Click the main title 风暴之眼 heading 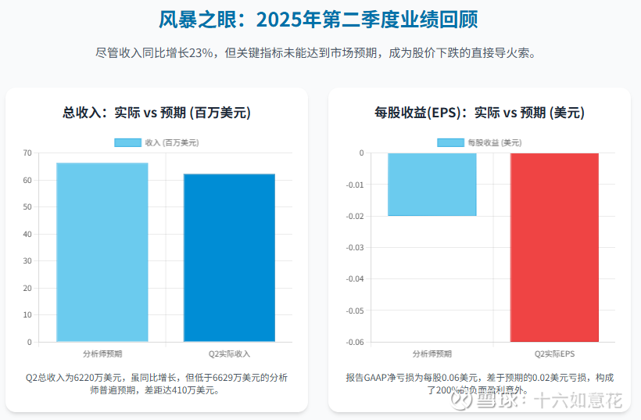[318, 20]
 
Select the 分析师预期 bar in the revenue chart [102, 252]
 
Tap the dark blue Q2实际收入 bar [229, 257]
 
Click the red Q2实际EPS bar [554, 247]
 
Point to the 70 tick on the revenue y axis [27, 153]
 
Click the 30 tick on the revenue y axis [27, 261]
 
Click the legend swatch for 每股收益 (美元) [450, 142]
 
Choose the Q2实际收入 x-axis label [229, 354]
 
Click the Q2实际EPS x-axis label [554, 354]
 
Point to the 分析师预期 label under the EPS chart [432, 354]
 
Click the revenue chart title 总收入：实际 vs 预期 [156, 113]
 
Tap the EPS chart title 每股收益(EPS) [479, 113]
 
